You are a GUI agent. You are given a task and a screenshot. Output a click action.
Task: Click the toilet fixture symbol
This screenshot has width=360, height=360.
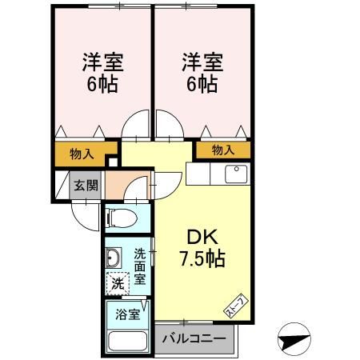[122, 218]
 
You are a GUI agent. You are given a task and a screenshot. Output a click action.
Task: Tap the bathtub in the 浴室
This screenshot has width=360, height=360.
[128, 342]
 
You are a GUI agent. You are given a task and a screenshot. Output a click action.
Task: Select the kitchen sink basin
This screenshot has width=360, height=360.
[236, 174]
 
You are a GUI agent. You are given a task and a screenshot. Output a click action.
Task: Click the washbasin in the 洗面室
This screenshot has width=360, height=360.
[114, 258]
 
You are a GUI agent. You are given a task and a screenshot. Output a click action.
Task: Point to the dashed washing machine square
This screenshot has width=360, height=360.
[118, 283]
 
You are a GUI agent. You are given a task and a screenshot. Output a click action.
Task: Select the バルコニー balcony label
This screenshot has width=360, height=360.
[194, 339]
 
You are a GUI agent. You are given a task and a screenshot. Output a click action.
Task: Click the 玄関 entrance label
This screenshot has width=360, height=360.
[86, 186]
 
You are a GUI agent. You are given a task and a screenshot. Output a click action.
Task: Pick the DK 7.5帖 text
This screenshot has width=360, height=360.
[202, 248]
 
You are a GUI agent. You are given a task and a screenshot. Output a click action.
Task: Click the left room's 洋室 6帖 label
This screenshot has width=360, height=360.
[102, 73]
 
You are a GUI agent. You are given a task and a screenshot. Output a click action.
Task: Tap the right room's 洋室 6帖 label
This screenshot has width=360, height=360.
[202, 73]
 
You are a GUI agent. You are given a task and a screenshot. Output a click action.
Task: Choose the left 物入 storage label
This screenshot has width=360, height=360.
[82, 154]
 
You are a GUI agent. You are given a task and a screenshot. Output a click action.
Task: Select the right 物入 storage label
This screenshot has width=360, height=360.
[223, 150]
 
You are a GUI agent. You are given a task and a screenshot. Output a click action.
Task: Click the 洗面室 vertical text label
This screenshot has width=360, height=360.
[140, 266]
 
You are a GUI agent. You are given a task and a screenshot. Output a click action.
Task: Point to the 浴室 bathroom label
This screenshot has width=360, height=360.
[128, 314]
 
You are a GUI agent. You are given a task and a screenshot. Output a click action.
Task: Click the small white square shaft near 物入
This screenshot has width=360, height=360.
[113, 162]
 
